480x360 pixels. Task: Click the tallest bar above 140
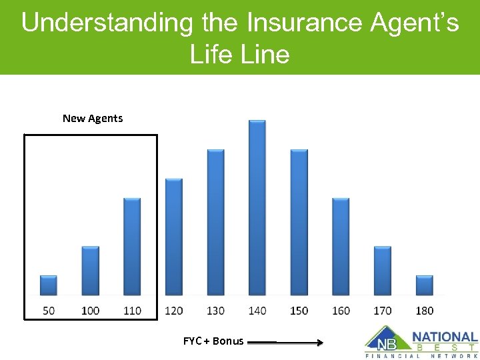pos(257,207)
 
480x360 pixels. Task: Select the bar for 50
pos(49,285)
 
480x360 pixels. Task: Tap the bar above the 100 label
pos(91,271)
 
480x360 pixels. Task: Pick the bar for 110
pos(132,247)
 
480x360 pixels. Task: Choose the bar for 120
pos(173,237)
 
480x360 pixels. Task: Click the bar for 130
pos(215,222)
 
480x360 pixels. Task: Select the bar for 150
pos(299,222)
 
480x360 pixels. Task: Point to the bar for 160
pos(341,247)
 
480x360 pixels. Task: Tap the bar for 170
pos(383,271)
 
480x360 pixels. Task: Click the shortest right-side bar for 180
pos(424,285)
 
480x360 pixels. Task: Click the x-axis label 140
pos(257,310)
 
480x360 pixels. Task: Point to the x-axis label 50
pos(49,310)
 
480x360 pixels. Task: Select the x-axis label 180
pos(424,310)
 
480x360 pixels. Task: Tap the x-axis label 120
pos(173,310)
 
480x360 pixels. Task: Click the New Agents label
pos(93,118)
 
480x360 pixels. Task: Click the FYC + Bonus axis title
pos(213,341)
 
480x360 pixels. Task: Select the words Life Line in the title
pos(239,53)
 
